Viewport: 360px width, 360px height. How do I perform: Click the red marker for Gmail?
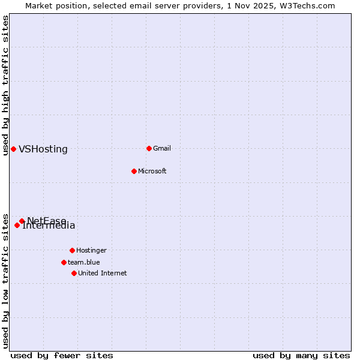tap(149, 148)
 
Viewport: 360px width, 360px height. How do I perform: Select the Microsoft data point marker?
tap(134, 171)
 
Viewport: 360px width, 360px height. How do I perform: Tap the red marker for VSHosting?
tap(13, 149)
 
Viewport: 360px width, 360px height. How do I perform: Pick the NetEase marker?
tap(22, 221)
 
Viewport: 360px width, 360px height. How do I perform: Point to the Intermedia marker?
tap(17, 225)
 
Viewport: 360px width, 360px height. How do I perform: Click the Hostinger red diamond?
tap(72, 250)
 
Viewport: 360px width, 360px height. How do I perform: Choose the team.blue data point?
tap(64, 262)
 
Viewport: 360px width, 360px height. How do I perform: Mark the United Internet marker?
tap(74, 273)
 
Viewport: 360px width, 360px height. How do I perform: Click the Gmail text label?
tap(162, 148)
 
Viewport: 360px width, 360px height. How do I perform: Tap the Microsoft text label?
tap(152, 171)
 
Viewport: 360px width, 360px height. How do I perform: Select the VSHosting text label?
tap(43, 149)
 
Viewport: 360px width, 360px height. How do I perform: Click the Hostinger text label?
tap(91, 250)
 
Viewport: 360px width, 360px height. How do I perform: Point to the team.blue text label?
tap(84, 262)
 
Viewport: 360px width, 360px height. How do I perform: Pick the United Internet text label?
tap(103, 273)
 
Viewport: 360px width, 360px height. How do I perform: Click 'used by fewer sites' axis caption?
tap(62, 355)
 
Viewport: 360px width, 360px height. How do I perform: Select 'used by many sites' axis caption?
tap(301, 355)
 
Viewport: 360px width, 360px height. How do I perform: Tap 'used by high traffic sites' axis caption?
tap(5, 85)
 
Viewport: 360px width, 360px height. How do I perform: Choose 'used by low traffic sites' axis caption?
tap(5, 280)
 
